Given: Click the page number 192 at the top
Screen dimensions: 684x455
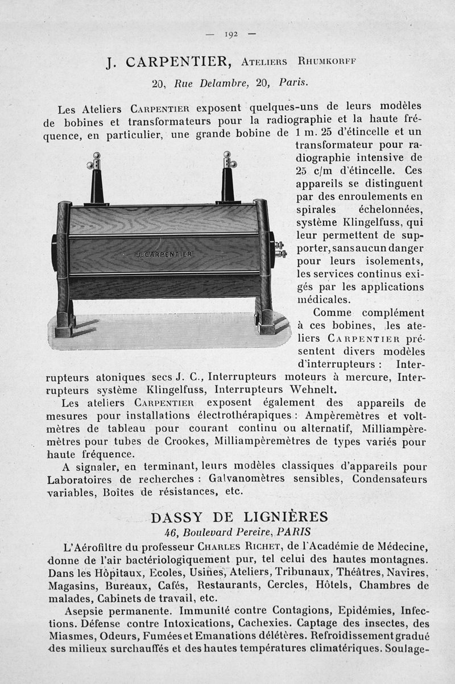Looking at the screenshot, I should (230, 34).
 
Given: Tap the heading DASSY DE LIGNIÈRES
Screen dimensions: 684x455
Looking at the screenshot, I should (239, 517).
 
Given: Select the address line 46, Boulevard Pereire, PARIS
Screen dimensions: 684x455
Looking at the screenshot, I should (237, 532).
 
